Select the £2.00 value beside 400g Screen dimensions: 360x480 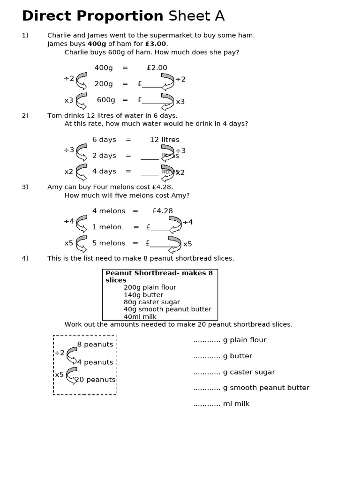pyautogui.click(x=157, y=68)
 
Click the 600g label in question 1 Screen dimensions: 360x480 pyautogui.click(x=106, y=100)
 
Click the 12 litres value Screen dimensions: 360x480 pyautogui.click(x=165, y=140)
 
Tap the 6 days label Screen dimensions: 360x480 pyautogui.click(x=104, y=140)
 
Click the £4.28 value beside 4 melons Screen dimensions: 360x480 pyautogui.click(x=162, y=211)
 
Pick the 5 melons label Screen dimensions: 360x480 pyautogui.click(x=109, y=243)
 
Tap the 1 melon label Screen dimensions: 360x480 pyautogui.click(x=107, y=227)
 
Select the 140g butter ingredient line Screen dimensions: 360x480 pyautogui.click(x=143, y=295)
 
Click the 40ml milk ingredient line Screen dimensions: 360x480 pyautogui.click(x=140, y=317)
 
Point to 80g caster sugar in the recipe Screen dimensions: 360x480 pyautogui.click(x=151, y=302)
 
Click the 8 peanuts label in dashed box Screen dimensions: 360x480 pyautogui.click(x=95, y=345)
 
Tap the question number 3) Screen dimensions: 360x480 pyautogui.click(x=25, y=187)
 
